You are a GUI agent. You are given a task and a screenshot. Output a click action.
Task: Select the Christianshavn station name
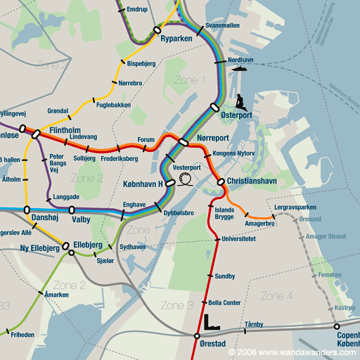point(254,181)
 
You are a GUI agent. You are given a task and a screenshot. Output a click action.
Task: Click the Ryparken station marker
point(157,30)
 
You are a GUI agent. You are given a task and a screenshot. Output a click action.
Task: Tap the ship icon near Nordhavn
point(238,69)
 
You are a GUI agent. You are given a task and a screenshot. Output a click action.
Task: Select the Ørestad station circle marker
point(196,336)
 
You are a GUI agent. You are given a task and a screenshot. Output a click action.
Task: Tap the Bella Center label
point(224,302)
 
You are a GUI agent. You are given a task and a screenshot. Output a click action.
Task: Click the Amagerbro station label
point(259,224)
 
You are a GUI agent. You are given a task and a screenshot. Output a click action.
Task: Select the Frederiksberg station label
point(119,159)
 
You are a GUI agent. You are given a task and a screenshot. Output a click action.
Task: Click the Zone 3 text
point(176,305)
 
